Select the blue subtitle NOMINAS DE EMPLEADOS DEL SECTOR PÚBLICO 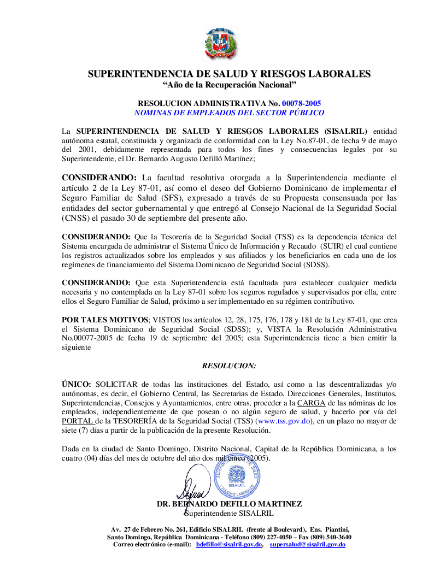pyautogui.click(x=229, y=113)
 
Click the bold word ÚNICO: pyautogui.click(x=77, y=384)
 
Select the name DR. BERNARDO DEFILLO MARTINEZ pyautogui.click(x=229, y=504)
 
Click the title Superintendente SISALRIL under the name pyautogui.click(x=229, y=513)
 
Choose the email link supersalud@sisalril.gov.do pyautogui.click(x=308, y=545)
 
